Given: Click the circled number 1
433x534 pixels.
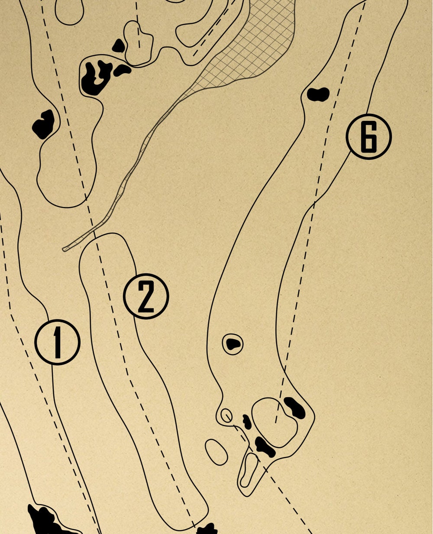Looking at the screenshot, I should coord(58,342).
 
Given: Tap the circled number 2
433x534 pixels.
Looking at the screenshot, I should coord(146,297).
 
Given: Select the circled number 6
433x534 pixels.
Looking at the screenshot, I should coord(368,136).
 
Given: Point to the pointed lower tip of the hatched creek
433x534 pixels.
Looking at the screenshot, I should coord(65,249).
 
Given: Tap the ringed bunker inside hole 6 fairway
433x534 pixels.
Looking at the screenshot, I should coord(233,344).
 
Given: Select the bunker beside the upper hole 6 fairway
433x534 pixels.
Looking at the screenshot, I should coord(318,94).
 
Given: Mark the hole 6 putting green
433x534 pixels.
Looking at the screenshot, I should coord(275,422).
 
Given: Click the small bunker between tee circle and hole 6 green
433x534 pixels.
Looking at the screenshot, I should coord(247,421).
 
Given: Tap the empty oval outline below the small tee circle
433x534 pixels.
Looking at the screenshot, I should coord(216,452).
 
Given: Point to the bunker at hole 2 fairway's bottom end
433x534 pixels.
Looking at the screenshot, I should coord(207,529).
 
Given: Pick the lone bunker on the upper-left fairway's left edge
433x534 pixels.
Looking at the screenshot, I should coord(43,123).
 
